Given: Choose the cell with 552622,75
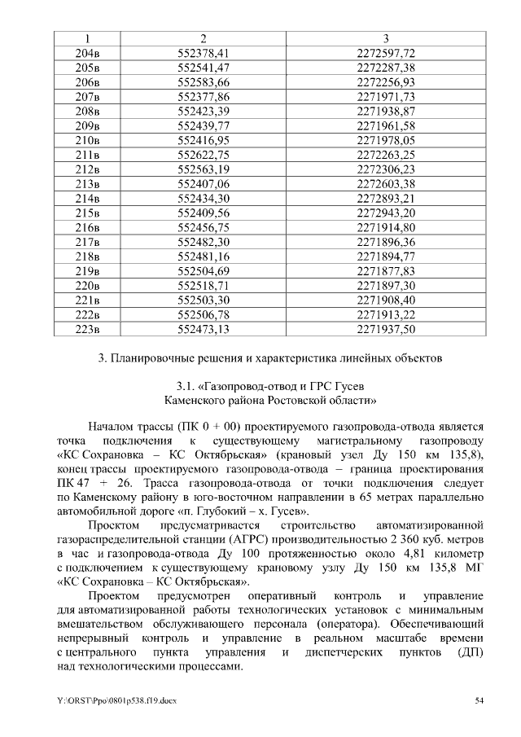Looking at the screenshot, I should pos(204,154).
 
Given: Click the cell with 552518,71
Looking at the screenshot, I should pos(204,285).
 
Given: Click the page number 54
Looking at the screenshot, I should pos(480,700).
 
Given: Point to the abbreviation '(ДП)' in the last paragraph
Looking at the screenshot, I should pos(470,653).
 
